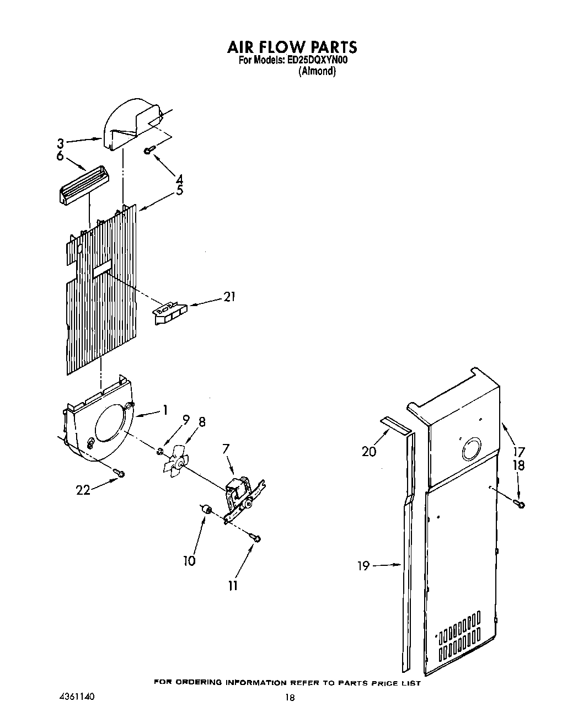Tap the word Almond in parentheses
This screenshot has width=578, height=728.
[317, 71]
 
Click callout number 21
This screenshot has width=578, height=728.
[229, 297]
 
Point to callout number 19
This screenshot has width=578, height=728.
[363, 565]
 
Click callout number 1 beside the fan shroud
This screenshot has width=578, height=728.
[164, 410]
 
